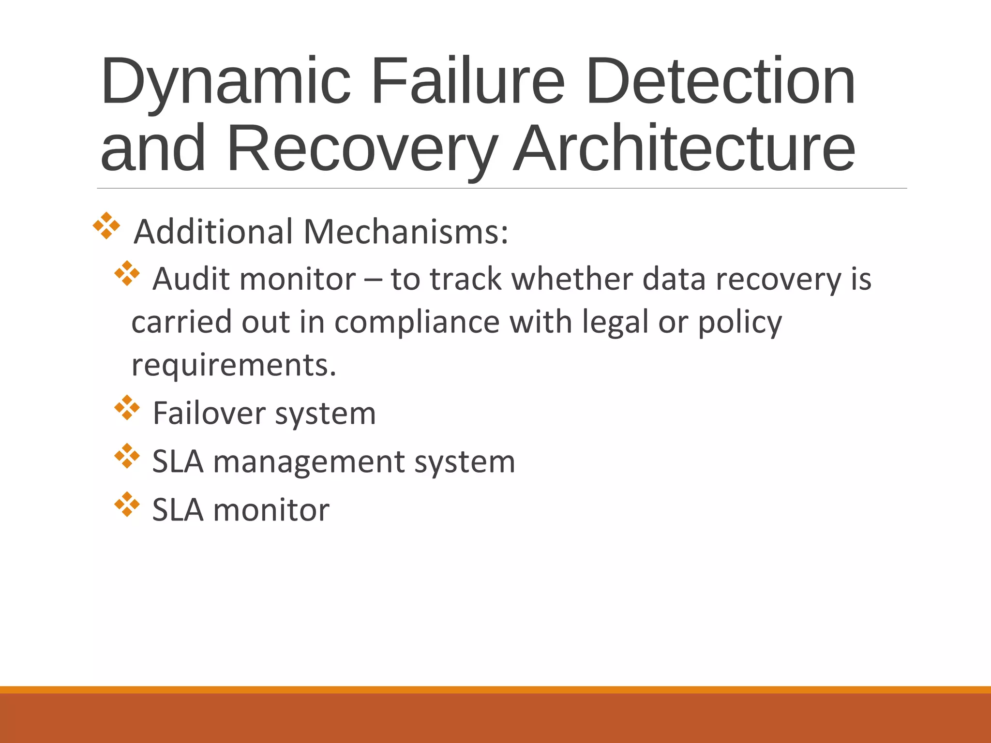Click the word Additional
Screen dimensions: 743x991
tap(213, 232)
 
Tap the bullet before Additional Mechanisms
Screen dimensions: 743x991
tap(106, 225)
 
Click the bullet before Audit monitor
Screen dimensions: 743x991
tap(127, 273)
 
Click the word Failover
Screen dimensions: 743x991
tap(209, 414)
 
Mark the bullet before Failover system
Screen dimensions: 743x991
tap(127, 407)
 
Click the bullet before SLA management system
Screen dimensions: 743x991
tap(127, 456)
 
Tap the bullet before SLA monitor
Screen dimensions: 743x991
tap(127, 504)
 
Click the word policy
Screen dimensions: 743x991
tap(739, 322)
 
